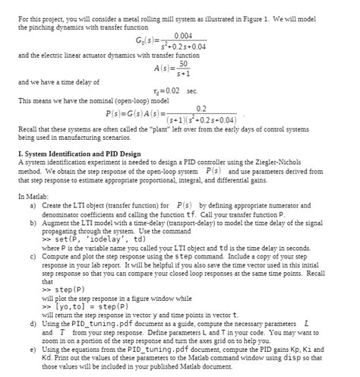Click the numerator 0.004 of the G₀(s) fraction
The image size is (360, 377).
[x=183, y=35]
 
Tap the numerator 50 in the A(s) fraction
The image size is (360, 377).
[x=183, y=64]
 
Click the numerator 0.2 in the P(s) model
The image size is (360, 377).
[x=201, y=109]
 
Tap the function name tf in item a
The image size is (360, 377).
[x=169, y=214]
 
